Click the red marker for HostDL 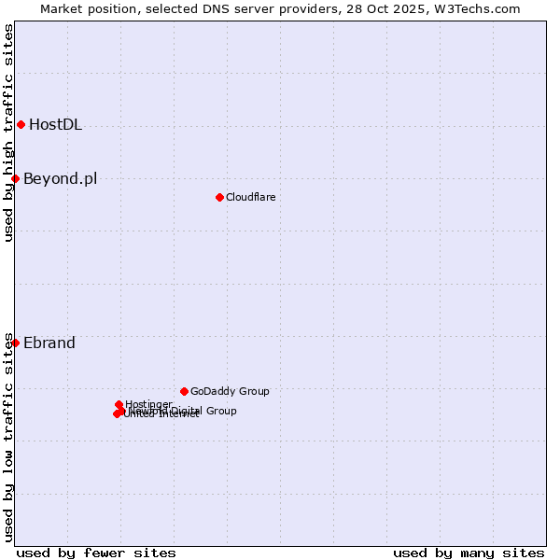click(21, 124)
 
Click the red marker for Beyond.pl click(15, 178)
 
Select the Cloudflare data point click(219, 197)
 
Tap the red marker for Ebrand click(15, 343)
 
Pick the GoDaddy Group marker click(184, 391)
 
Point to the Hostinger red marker click(119, 404)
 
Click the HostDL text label click(55, 125)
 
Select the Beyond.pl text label click(60, 179)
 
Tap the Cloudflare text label click(250, 197)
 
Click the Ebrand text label click(49, 343)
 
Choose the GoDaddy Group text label click(230, 392)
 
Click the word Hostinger click(148, 404)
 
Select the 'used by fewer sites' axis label click(96, 553)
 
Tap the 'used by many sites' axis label click(469, 553)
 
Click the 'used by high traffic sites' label click(9, 133)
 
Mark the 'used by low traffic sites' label click(9, 437)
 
